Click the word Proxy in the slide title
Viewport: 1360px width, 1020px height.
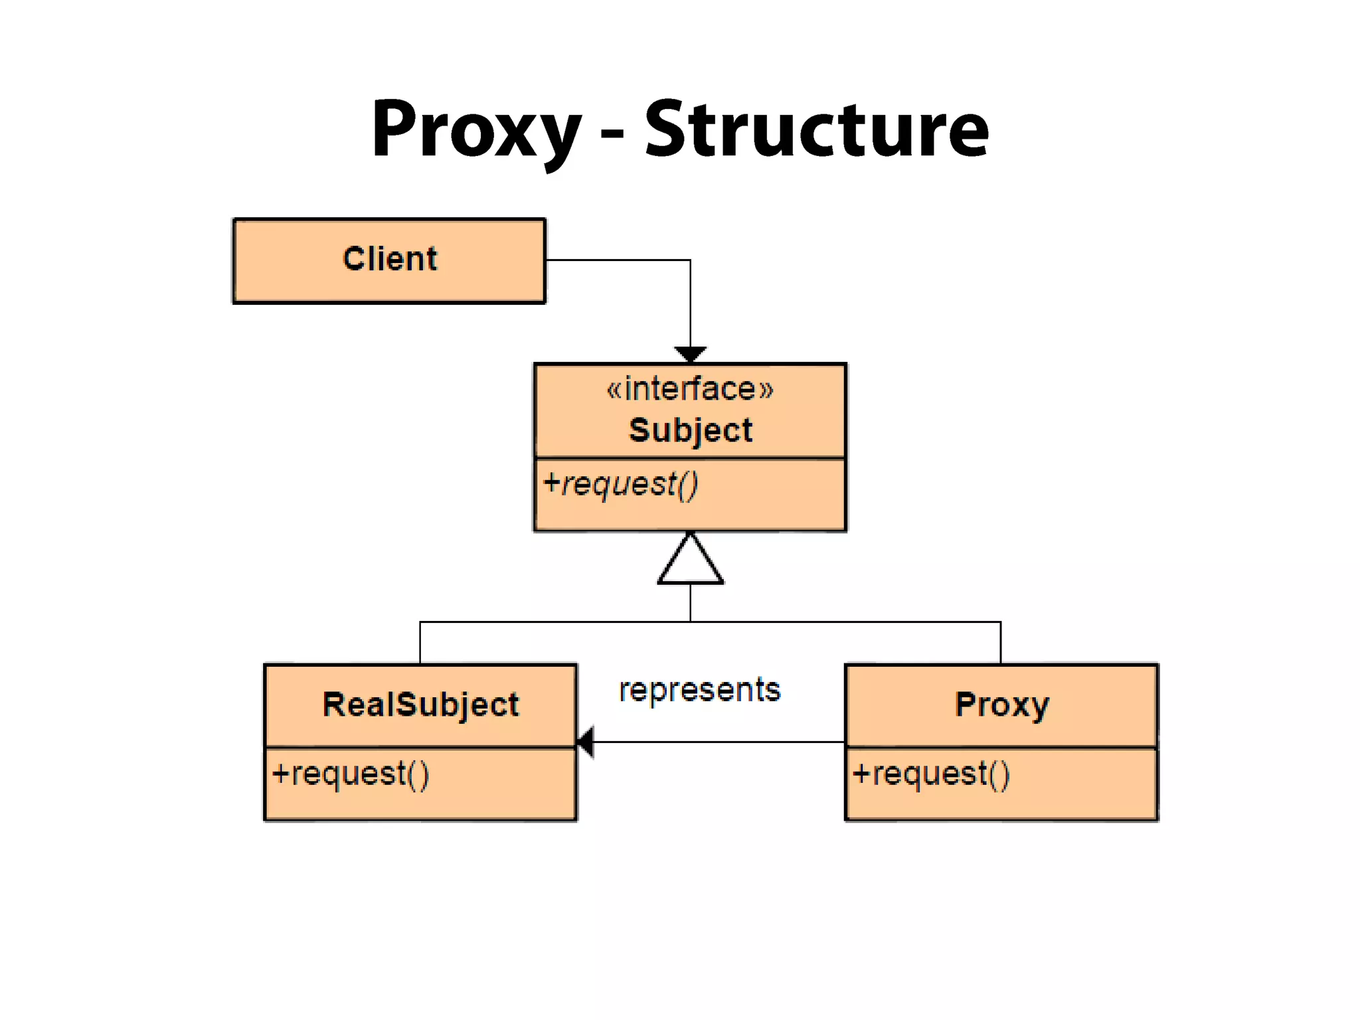pyautogui.click(x=475, y=129)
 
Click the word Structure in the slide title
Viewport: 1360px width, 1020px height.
pyautogui.click(x=816, y=129)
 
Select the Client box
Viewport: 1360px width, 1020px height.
pyautogui.click(x=389, y=260)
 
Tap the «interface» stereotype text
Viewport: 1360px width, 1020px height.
pyautogui.click(x=690, y=389)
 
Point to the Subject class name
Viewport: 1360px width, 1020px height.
pyautogui.click(x=690, y=430)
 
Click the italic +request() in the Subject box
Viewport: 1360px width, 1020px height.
pyautogui.click(x=620, y=484)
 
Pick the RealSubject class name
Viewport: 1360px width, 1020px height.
pyautogui.click(x=420, y=705)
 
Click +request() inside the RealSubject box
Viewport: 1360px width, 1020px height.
pyautogui.click(x=351, y=774)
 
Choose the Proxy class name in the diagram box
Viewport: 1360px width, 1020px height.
pyautogui.click(x=1001, y=705)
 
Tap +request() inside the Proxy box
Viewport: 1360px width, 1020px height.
pyautogui.click(x=931, y=774)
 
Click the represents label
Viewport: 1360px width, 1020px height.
pyautogui.click(x=699, y=690)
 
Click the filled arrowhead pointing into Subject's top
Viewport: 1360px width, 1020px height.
pyautogui.click(x=690, y=354)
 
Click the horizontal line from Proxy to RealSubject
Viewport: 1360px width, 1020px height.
pyautogui.click(x=717, y=742)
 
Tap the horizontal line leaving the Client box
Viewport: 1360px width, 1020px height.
pyautogui.click(x=618, y=260)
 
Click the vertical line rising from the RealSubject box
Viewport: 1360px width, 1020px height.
pyautogui.click(x=420, y=643)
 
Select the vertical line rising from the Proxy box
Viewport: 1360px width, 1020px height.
pyautogui.click(x=1001, y=643)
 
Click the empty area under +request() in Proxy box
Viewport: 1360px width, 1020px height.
pyautogui.click(x=1001, y=804)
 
